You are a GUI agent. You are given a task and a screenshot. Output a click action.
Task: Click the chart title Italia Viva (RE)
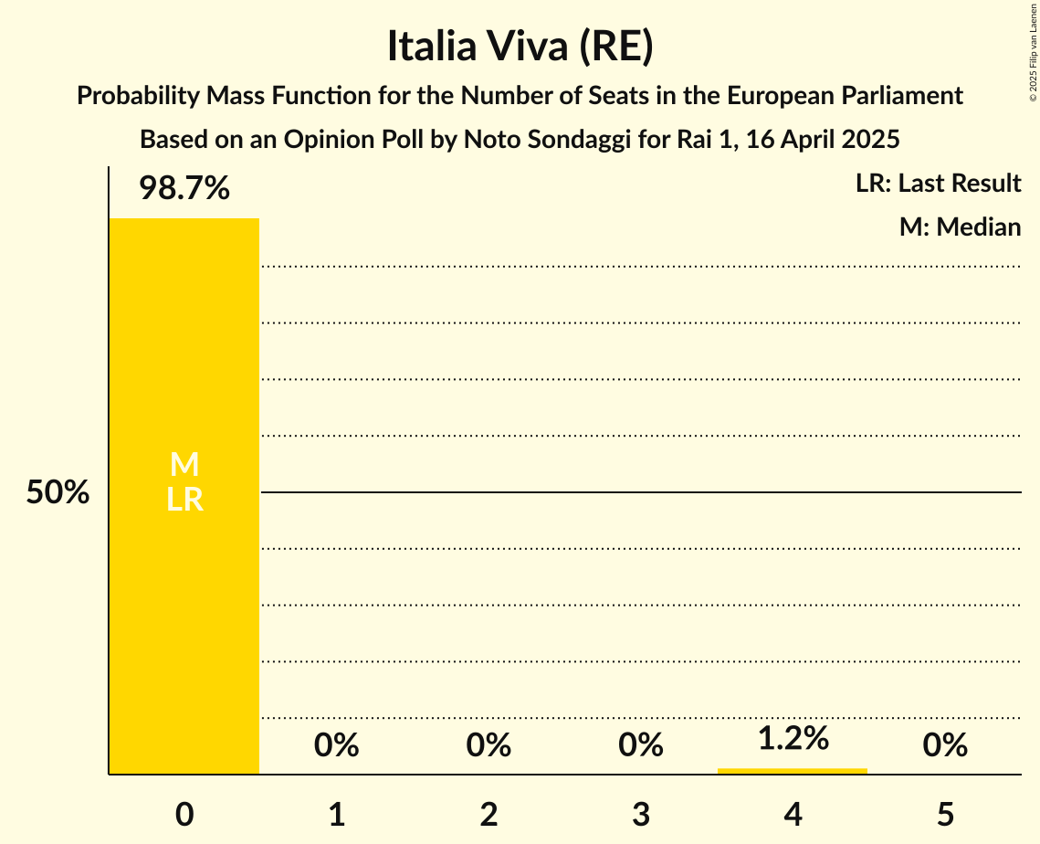click(520, 47)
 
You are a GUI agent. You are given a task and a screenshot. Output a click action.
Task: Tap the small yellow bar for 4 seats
click(793, 771)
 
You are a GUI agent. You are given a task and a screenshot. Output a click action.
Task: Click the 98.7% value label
click(184, 189)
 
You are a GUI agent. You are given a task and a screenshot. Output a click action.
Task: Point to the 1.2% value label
click(793, 738)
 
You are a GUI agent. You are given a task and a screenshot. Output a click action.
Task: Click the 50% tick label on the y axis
click(58, 493)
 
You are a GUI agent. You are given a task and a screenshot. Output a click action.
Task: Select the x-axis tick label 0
click(184, 814)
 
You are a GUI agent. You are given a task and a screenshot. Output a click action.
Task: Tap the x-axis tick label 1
click(337, 814)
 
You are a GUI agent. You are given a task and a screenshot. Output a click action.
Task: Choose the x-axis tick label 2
click(488, 814)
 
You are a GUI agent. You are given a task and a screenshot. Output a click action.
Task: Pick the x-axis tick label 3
click(641, 814)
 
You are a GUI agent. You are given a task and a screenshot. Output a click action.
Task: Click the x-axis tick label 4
click(793, 814)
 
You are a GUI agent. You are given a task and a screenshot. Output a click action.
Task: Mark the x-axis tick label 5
click(945, 814)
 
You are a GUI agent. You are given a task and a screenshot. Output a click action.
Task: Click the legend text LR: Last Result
click(938, 184)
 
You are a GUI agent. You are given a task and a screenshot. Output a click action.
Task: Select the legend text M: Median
click(960, 227)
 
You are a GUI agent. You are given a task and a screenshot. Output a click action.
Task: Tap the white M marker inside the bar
click(184, 465)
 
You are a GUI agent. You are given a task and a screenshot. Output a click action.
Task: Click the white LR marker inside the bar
click(184, 501)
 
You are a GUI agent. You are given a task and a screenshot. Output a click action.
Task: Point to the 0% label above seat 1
click(337, 746)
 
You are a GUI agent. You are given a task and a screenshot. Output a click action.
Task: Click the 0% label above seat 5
click(945, 746)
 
